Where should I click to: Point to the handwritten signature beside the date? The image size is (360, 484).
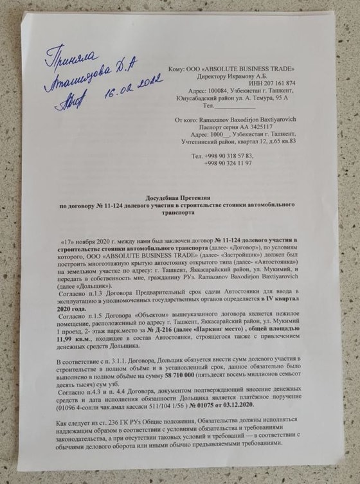point(67,98)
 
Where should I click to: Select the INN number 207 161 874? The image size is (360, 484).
point(275,83)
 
